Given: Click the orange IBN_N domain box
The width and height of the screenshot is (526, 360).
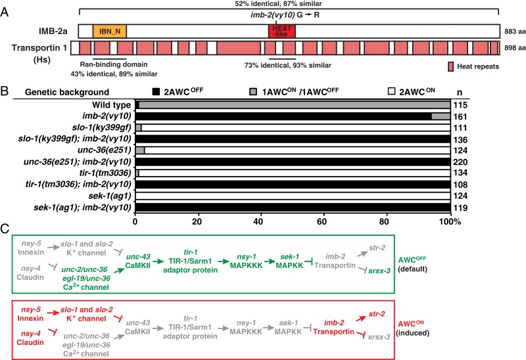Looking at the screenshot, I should [x=110, y=31].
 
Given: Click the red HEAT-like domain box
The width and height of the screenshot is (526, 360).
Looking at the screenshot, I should [x=281, y=31].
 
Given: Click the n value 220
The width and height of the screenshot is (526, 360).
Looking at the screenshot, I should [x=458, y=160].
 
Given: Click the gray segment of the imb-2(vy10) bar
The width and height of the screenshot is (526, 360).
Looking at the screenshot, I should [x=441, y=116].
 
